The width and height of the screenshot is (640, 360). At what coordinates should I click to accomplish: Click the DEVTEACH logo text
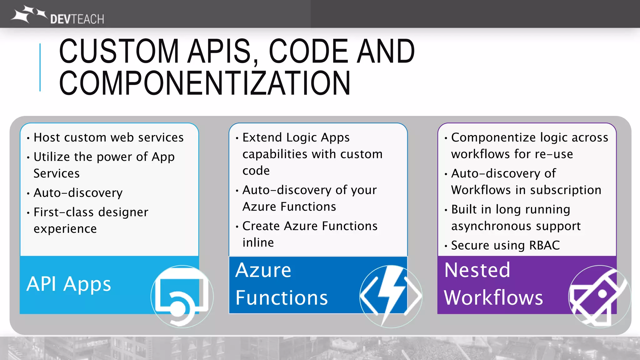coord(77,19)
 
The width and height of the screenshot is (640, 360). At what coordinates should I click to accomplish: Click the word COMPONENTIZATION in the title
coord(205,83)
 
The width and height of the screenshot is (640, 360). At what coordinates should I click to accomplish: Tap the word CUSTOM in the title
coord(119,51)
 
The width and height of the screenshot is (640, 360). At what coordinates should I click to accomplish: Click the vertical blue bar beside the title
coord(40,67)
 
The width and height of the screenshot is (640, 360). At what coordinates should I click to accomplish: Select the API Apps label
coord(69,284)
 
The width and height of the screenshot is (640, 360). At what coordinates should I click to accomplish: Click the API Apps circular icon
coord(182,296)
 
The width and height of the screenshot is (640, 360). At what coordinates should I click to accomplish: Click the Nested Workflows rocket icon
coord(599,296)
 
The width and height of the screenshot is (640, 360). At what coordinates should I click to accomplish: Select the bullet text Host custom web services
coord(108,137)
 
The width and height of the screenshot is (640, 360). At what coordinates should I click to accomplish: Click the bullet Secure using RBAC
coord(505,245)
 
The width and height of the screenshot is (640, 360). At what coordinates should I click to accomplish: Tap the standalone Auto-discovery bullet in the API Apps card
coord(78,193)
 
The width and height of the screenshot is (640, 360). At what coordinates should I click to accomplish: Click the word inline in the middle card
coord(258,242)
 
